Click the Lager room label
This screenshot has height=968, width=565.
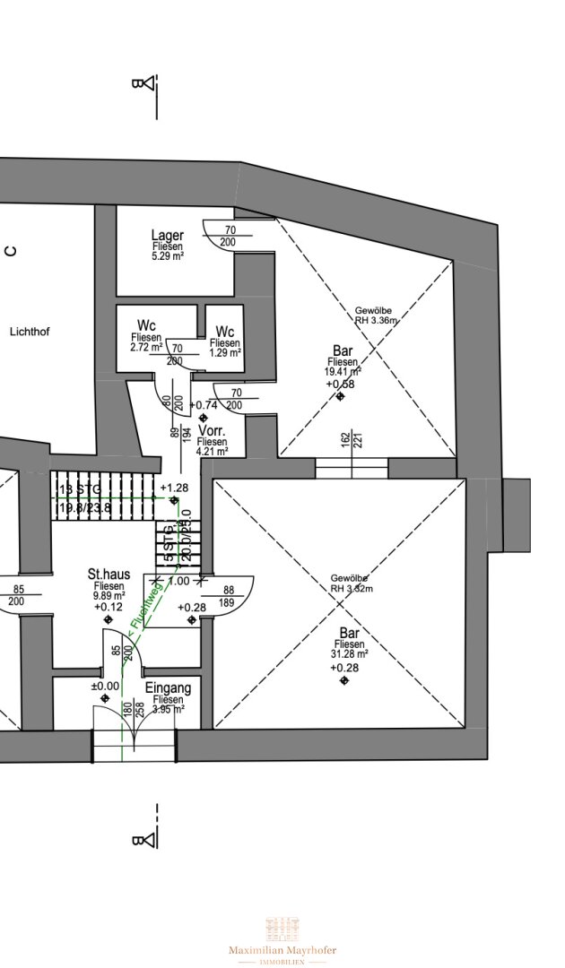click(x=168, y=235)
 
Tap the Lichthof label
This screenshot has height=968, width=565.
click(x=30, y=332)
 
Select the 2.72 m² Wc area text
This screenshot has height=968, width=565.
click(x=145, y=346)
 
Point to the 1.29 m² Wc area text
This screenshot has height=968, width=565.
click(x=226, y=353)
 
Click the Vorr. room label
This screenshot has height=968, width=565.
click(x=213, y=431)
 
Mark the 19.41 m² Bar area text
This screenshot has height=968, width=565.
click(x=343, y=370)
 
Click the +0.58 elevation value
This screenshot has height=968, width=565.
click(x=341, y=384)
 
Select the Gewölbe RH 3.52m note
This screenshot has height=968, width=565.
click(x=351, y=583)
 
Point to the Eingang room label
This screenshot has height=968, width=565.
click(x=168, y=688)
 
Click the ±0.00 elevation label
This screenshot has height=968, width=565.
click(x=105, y=687)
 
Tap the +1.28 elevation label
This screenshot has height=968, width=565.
click(x=174, y=488)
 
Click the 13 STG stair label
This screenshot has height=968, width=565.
click(x=79, y=489)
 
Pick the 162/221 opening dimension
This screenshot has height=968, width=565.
click(x=351, y=440)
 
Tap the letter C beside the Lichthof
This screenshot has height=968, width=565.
click(x=11, y=251)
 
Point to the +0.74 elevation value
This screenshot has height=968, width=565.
click(x=205, y=405)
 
